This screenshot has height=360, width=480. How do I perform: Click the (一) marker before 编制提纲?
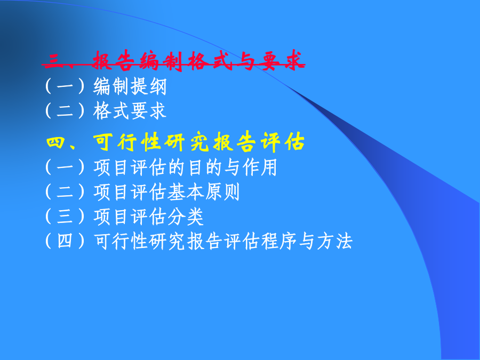pyautogui.click(x=65, y=86)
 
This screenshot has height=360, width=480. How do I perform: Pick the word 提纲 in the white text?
pyautogui.click(x=149, y=86)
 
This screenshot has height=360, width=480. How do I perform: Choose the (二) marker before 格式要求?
pyautogui.click(x=65, y=110)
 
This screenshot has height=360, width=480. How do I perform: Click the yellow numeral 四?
pyautogui.click(x=55, y=142)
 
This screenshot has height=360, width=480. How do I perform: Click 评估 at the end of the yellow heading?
pyautogui.click(x=282, y=142)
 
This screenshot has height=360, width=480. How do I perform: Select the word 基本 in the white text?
pyautogui.click(x=186, y=192)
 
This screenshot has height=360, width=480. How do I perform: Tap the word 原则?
pyautogui.click(x=222, y=192)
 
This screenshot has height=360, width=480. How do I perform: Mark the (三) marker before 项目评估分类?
pyautogui.click(x=65, y=217)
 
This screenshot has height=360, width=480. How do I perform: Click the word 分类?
pyautogui.click(x=186, y=217)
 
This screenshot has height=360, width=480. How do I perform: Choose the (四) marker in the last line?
pyautogui.click(x=65, y=241)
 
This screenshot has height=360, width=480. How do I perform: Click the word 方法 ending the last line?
pyautogui.click(x=334, y=241)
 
